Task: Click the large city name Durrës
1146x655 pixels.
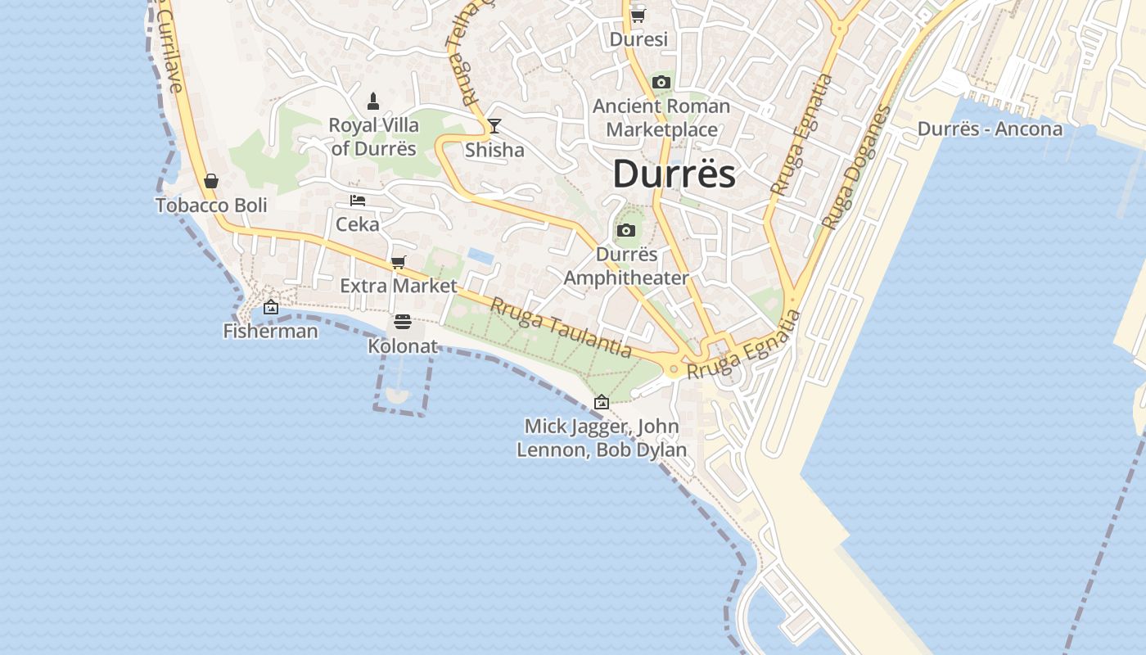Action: (x=674, y=174)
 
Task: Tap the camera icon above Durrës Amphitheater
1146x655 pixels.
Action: (x=626, y=231)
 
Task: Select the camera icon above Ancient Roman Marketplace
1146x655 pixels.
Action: (x=661, y=82)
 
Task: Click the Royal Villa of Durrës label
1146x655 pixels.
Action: (x=374, y=137)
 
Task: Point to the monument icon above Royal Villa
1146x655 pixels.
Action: (x=373, y=102)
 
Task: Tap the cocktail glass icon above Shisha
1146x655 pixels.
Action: (x=494, y=126)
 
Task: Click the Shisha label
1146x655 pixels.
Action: (x=494, y=150)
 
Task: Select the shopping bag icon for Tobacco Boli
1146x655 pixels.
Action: (x=211, y=181)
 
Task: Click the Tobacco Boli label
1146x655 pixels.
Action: (x=211, y=205)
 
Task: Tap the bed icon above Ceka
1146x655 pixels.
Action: (x=358, y=200)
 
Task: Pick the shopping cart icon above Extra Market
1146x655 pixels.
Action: (x=399, y=263)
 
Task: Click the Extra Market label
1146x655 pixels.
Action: (x=399, y=286)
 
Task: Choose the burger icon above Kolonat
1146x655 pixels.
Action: (x=402, y=322)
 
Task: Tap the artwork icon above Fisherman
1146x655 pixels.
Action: (x=271, y=308)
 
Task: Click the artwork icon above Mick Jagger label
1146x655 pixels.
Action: (x=602, y=402)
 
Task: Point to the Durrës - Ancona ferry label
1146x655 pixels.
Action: (x=990, y=129)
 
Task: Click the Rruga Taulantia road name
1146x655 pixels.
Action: (x=562, y=327)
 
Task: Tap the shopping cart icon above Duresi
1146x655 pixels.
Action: (x=638, y=16)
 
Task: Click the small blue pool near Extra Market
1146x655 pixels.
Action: (x=481, y=256)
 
